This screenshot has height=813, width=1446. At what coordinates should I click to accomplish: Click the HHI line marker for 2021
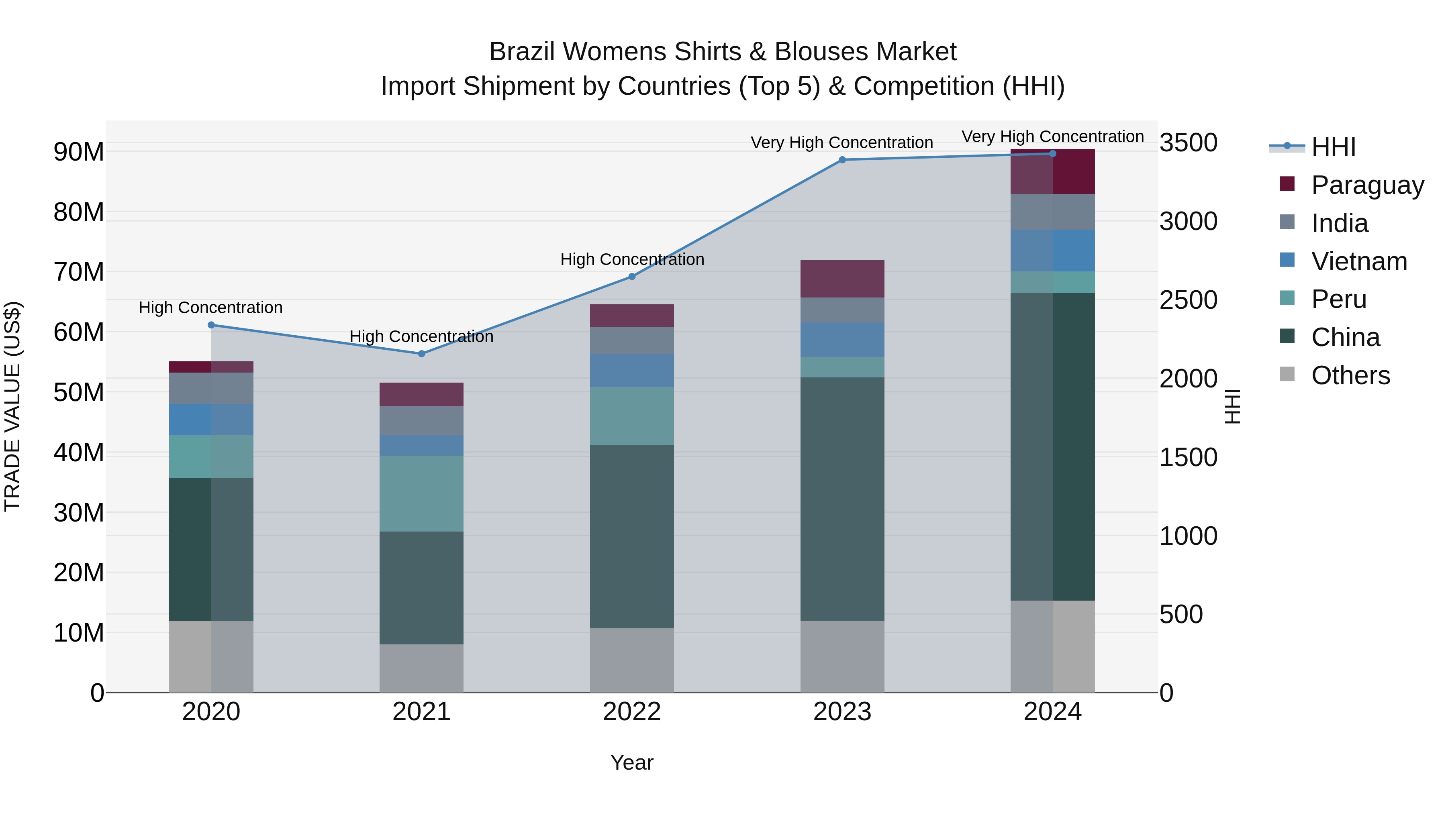coord(422,353)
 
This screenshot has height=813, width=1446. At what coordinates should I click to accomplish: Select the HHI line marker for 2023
coord(842,160)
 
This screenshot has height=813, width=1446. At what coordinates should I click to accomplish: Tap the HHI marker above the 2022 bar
coord(631,277)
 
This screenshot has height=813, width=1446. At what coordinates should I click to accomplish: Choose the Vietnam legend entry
coord(1359,261)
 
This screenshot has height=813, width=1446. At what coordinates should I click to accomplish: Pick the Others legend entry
coord(1350,375)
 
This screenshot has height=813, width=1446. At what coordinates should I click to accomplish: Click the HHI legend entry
coord(1333,147)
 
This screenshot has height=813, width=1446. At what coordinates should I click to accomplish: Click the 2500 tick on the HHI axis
coord(1189,300)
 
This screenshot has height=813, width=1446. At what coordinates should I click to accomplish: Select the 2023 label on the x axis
coord(842,712)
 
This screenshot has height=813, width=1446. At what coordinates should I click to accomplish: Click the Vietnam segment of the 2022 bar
coord(631,370)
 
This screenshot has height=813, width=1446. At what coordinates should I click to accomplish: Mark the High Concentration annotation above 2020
coord(210,308)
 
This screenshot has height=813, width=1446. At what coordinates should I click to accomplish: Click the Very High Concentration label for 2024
coord(1052,137)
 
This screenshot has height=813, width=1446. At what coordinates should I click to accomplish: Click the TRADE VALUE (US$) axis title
coord(12,406)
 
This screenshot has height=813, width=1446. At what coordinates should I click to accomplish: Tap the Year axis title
coord(631,762)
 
